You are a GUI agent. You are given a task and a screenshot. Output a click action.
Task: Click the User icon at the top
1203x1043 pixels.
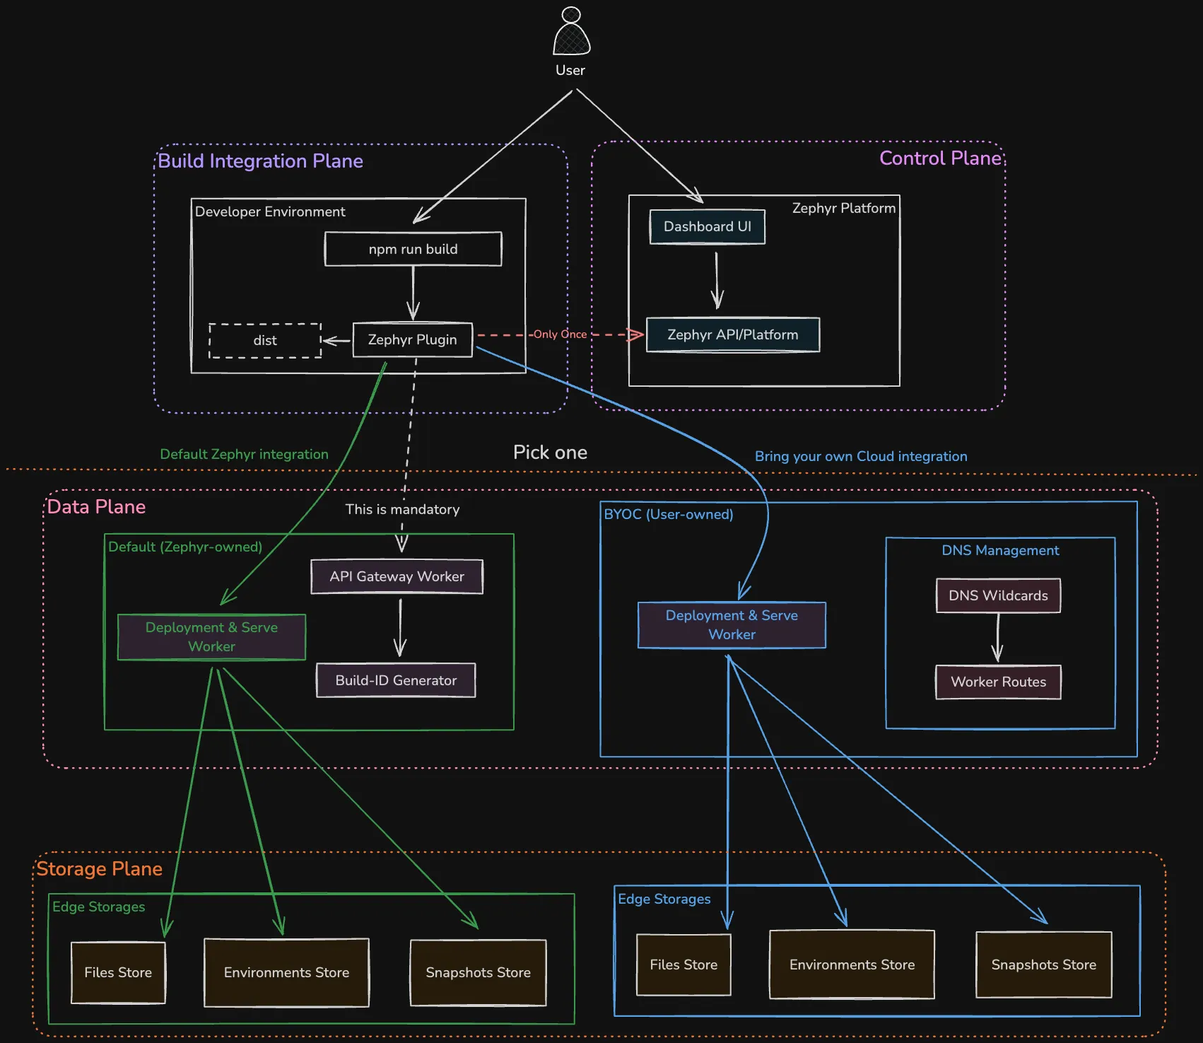point(571,33)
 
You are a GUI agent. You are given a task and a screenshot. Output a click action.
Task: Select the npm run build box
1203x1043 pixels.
point(413,249)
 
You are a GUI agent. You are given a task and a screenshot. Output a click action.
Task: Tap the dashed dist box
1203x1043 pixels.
point(265,341)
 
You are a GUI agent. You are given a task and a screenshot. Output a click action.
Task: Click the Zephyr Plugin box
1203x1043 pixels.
point(412,340)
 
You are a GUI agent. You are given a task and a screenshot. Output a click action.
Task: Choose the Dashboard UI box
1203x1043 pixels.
point(707,227)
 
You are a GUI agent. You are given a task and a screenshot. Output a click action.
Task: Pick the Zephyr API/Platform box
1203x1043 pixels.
point(732,335)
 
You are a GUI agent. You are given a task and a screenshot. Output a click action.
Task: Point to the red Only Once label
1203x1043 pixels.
point(560,334)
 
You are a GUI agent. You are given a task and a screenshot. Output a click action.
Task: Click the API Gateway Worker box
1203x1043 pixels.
point(397,576)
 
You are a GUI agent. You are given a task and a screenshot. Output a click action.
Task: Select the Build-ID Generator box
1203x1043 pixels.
point(396,680)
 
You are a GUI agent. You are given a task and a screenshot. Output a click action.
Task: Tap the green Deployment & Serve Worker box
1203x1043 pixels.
point(211,637)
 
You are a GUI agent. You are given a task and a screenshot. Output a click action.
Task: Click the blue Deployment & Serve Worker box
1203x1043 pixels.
point(732,625)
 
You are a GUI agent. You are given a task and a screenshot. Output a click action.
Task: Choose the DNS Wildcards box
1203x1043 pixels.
point(998,595)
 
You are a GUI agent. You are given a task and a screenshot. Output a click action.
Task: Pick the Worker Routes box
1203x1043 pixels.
point(998,682)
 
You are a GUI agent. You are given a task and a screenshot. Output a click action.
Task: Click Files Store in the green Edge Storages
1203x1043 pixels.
point(118,973)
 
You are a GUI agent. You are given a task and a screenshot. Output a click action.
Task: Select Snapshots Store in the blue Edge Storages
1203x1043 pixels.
point(1043,965)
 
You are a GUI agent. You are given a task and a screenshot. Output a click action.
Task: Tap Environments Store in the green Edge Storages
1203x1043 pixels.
point(286,973)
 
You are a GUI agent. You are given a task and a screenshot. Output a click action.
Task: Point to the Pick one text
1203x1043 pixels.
point(550,453)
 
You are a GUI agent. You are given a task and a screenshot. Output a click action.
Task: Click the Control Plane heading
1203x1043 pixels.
point(940,158)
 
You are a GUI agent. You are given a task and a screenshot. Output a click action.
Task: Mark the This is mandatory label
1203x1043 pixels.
point(402,509)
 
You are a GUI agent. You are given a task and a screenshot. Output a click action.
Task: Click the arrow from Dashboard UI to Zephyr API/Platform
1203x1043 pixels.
point(717,281)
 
